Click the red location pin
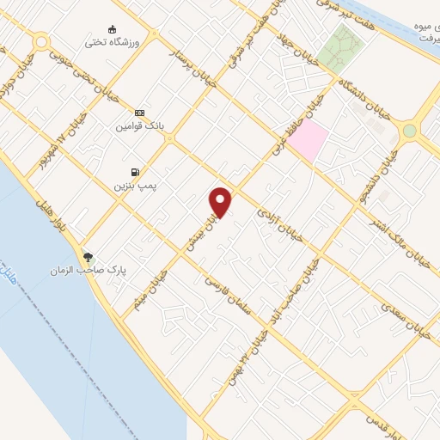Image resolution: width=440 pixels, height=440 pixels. [221, 202]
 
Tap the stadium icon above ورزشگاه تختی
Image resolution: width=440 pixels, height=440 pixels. [112, 28]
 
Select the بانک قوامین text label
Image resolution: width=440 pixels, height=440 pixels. [139, 125]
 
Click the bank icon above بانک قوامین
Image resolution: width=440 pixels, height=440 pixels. [139, 113]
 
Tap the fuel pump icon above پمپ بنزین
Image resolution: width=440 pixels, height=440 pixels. [134, 172]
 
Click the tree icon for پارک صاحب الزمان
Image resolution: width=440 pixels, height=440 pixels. [88, 256]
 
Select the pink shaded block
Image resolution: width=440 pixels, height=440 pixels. [308, 138]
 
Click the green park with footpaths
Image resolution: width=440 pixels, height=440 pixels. [341, 46]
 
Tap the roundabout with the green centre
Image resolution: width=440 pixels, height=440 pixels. [409, 131]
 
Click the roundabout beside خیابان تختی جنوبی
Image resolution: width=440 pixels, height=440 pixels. [40, 40]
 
